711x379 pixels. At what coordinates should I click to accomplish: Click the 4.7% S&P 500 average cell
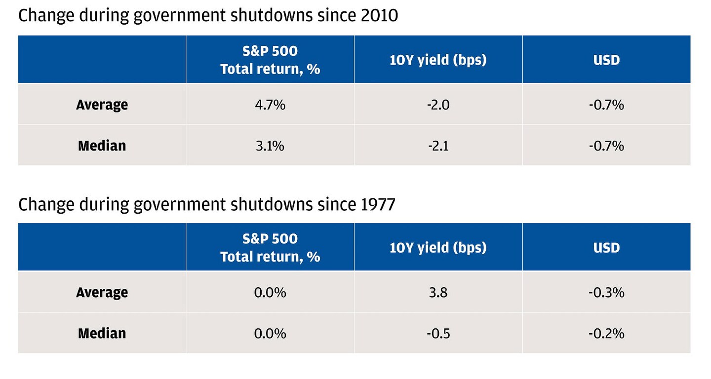[x=270, y=105]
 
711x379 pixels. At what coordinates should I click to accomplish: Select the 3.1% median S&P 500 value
[x=270, y=146]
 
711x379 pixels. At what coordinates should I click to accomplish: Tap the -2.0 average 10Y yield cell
[x=437, y=105]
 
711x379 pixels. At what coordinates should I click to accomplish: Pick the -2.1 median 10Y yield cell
[x=437, y=146]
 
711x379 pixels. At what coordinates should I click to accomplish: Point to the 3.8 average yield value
[x=437, y=292]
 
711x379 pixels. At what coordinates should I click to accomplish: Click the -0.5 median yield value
[x=437, y=333]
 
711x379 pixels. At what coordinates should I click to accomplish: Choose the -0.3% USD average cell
[x=606, y=292]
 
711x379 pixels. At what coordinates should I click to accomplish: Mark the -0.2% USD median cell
[x=606, y=333]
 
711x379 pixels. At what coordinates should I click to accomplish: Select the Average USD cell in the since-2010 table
[x=606, y=105]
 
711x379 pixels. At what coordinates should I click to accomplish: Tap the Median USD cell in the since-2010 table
[x=606, y=146]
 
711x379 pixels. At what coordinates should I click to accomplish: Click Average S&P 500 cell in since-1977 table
[x=270, y=292]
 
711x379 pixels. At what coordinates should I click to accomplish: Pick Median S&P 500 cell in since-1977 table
[x=270, y=333]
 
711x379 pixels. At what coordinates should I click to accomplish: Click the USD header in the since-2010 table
[x=606, y=60]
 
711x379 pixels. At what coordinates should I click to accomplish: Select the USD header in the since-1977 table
[x=606, y=247]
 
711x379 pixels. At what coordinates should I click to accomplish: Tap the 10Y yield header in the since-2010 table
[x=437, y=60]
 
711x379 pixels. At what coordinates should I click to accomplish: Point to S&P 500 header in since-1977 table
[x=270, y=247]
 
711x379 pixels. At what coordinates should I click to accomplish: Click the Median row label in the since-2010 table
[x=102, y=146]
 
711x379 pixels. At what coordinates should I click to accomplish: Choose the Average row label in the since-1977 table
[x=102, y=292]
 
